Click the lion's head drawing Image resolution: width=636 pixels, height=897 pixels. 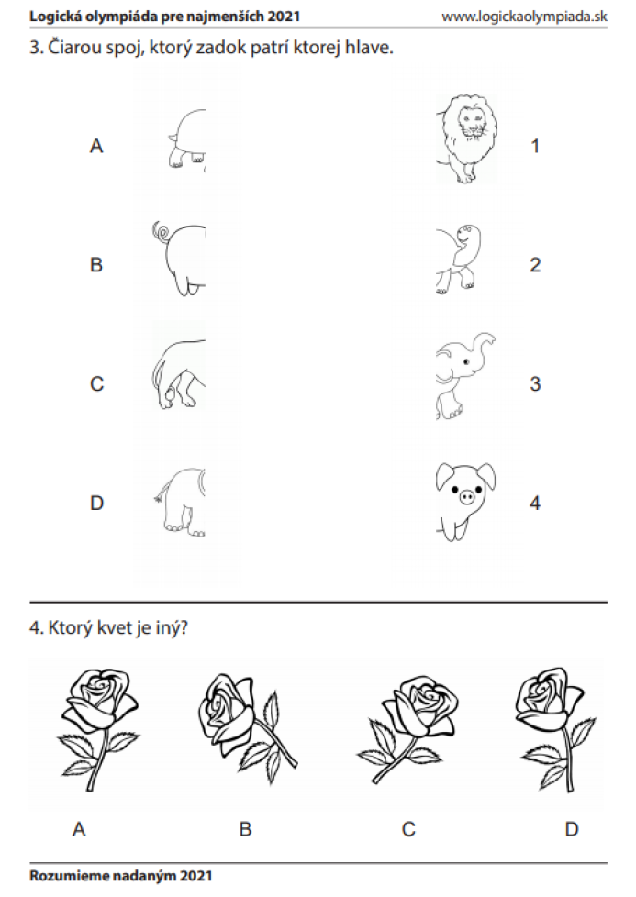tap(466, 139)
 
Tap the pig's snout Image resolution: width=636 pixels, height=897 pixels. tap(468, 495)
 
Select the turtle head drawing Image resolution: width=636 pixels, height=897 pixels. tap(458, 258)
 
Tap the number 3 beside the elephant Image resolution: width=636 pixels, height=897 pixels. tap(535, 384)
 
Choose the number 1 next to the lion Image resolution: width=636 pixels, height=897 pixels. tap(535, 146)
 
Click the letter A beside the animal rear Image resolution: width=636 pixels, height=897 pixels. tap(96, 146)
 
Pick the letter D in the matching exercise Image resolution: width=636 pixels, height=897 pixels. tap(96, 503)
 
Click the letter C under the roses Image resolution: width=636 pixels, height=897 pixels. tap(408, 829)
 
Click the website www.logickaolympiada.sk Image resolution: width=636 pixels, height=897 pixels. tap(524, 16)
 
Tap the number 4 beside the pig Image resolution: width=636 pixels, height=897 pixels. tap(535, 503)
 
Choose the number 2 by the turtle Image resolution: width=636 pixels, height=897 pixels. tap(535, 265)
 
